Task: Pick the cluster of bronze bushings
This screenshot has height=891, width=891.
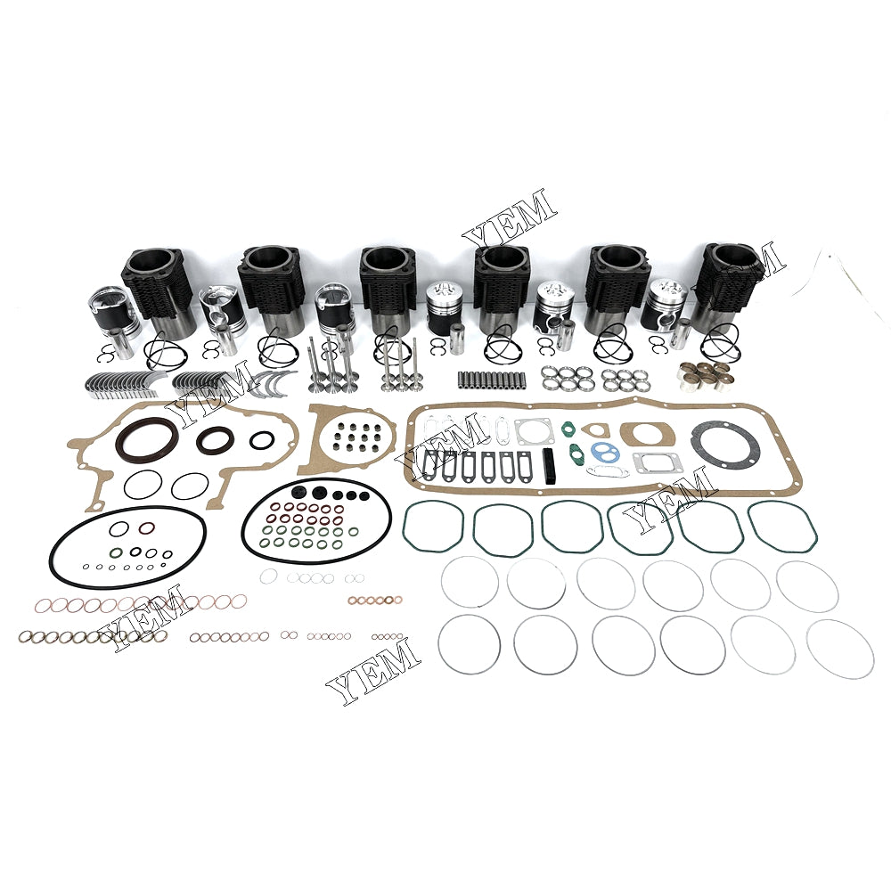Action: pos(704,377)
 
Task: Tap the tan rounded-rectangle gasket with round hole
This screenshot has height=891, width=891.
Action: pos(644,435)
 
